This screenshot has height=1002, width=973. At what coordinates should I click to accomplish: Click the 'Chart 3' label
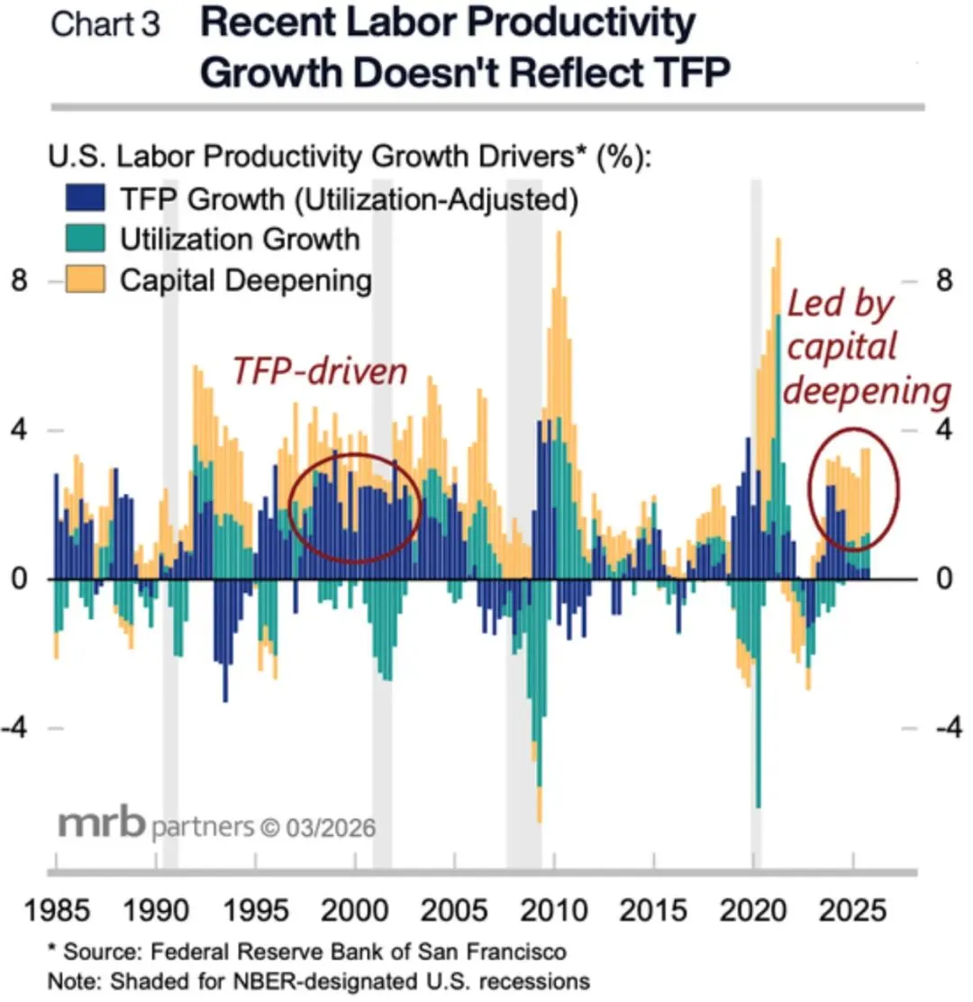[105, 23]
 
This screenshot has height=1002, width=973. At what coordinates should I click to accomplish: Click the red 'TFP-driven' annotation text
[320, 370]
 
